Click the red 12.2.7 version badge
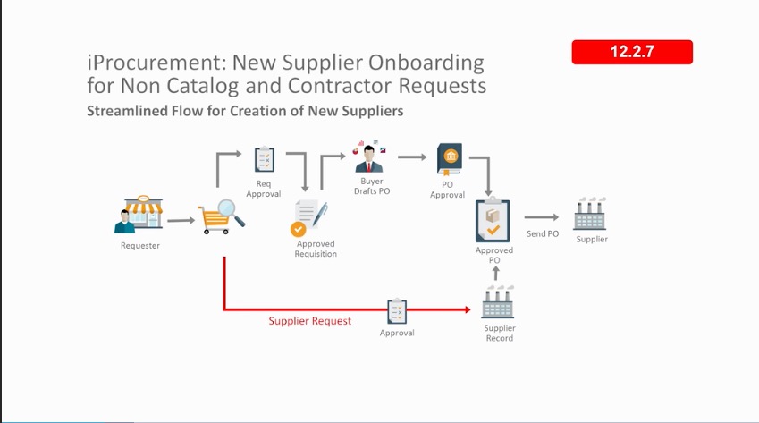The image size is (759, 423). click(x=632, y=52)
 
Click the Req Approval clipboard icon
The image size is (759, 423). click(x=263, y=159)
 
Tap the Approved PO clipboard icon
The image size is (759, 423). click(x=493, y=220)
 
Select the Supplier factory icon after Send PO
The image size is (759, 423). click(x=591, y=216)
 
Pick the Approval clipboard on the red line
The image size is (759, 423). click(x=397, y=311)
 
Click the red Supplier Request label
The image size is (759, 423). click(x=309, y=320)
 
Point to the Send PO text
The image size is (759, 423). click(x=542, y=234)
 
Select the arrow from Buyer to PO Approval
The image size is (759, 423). click(x=412, y=157)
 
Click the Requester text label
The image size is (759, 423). click(x=140, y=245)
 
